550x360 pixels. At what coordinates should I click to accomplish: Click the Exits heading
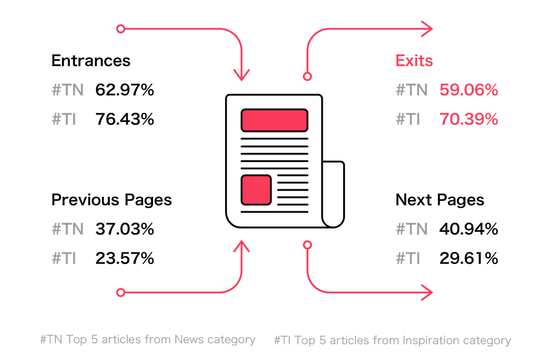coord(414,60)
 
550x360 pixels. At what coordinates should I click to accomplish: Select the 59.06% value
coord(468,90)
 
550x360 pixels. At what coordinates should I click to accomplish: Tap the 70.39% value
coord(468,119)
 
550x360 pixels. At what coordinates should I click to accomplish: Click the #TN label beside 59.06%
coord(411,90)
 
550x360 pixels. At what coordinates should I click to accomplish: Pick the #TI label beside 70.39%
coord(408,119)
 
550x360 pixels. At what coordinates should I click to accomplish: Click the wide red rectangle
coord(274,120)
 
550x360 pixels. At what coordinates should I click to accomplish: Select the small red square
coord(256,190)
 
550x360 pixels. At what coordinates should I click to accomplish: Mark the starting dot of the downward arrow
coord(120,29)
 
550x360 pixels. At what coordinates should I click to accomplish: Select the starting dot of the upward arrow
coord(120,292)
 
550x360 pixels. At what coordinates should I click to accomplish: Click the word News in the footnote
coord(190,339)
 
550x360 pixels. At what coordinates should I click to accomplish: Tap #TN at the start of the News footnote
coord(52,339)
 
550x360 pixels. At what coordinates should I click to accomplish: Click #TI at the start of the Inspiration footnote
coord(283,340)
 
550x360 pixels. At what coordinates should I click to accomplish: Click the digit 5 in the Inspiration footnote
coord(322,340)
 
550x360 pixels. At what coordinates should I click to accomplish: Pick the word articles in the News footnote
coord(119,339)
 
